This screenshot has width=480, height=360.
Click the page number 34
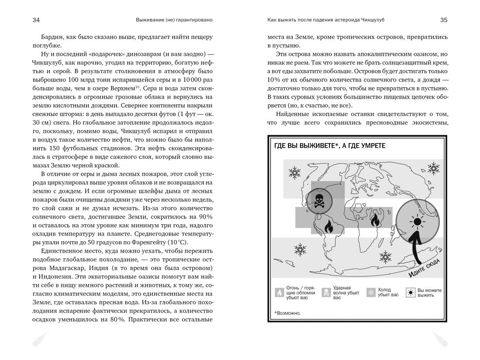tap(36, 20)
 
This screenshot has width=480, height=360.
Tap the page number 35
tap(443, 20)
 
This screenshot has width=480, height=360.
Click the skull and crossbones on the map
tap(319, 201)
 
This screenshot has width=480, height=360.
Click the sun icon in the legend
tap(410, 293)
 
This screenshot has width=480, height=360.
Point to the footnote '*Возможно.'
tap(288, 313)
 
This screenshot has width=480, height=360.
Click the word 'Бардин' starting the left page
tap(51, 37)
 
